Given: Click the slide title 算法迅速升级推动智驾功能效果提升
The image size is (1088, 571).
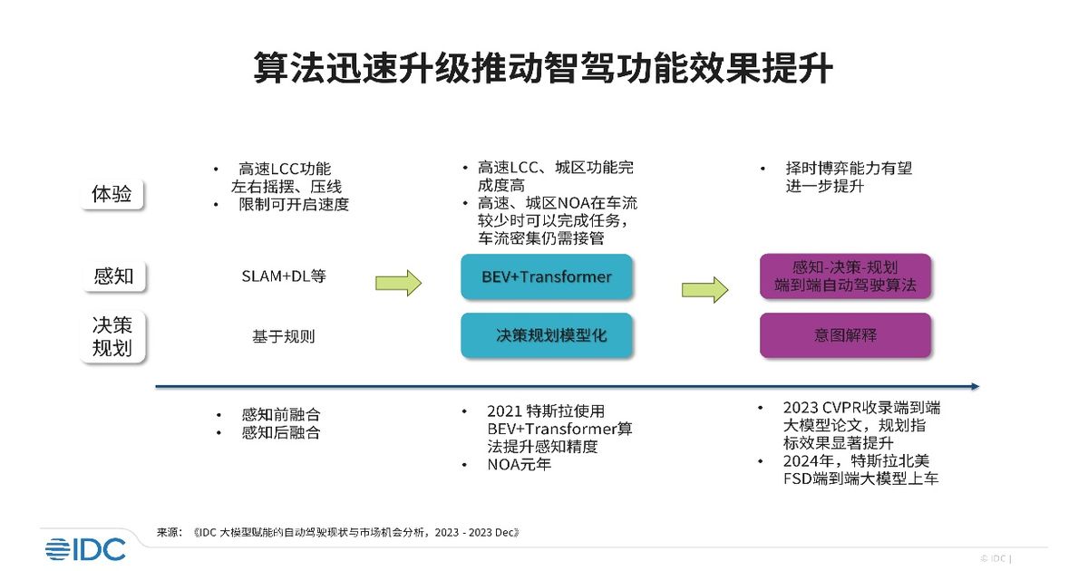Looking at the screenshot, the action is click(x=543, y=68).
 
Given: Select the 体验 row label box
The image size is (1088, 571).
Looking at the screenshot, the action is click(x=112, y=194).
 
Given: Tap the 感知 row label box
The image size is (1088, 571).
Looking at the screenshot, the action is click(x=113, y=276).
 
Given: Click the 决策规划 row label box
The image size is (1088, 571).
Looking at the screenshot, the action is click(x=112, y=336).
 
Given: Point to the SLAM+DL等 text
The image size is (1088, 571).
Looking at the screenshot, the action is click(x=284, y=276).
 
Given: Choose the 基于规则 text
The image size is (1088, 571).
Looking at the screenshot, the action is click(x=284, y=336).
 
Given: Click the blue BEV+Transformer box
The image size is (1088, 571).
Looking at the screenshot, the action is click(x=547, y=276).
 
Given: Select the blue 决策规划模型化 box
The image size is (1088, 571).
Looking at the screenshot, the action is click(x=547, y=335).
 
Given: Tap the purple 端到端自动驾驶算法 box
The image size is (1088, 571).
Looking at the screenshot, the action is click(x=846, y=276).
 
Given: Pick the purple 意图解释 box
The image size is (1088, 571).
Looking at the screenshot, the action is click(x=846, y=335).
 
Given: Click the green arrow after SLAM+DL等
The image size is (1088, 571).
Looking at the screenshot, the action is click(x=398, y=283).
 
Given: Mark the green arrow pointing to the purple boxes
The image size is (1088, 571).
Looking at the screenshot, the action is click(x=704, y=290).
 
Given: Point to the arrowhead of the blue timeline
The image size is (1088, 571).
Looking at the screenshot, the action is click(x=977, y=386).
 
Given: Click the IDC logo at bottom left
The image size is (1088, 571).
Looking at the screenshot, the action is click(x=85, y=549).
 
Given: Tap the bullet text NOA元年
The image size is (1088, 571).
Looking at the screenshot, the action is click(x=520, y=465).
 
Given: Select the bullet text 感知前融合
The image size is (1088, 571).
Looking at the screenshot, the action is click(x=281, y=415).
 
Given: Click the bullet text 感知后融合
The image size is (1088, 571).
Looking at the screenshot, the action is click(x=281, y=432).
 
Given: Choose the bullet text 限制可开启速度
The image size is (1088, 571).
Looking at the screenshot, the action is click(x=294, y=205).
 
